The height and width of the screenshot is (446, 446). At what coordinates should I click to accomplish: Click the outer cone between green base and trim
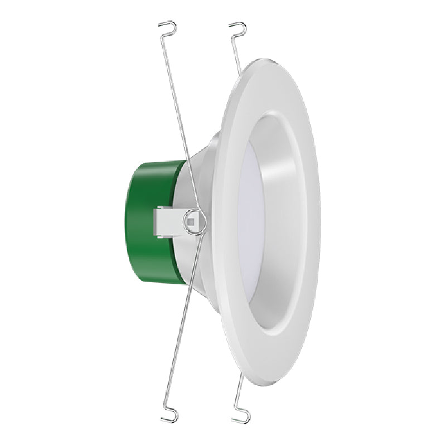tap(206, 167)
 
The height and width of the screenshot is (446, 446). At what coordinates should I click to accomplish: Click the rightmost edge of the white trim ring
tap(319, 223)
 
